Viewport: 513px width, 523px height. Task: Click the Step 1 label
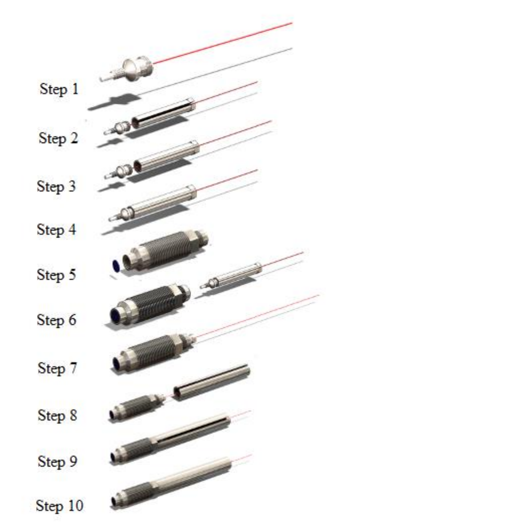pyautogui.click(x=59, y=89)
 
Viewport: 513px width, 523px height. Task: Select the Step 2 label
pyautogui.click(x=58, y=138)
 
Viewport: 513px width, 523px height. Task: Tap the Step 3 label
pyautogui.click(x=56, y=186)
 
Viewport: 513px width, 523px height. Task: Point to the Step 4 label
pyautogui.click(x=56, y=229)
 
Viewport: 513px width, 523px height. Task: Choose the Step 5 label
pyautogui.click(x=56, y=274)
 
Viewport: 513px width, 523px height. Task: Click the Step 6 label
pyautogui.click(x=56, y=319)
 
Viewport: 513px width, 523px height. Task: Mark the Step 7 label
pyautogui.click(x=57, y=368)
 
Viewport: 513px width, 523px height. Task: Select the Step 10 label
pyautogui.click(x=59, y=505)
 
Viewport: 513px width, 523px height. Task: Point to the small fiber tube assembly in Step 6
pyautogui.click(x=236, y=275)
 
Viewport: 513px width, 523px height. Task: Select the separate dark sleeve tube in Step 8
pyautogui.click(x=211, y=382)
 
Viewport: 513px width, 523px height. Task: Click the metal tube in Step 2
pyautogui.click(x=163, y=112)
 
